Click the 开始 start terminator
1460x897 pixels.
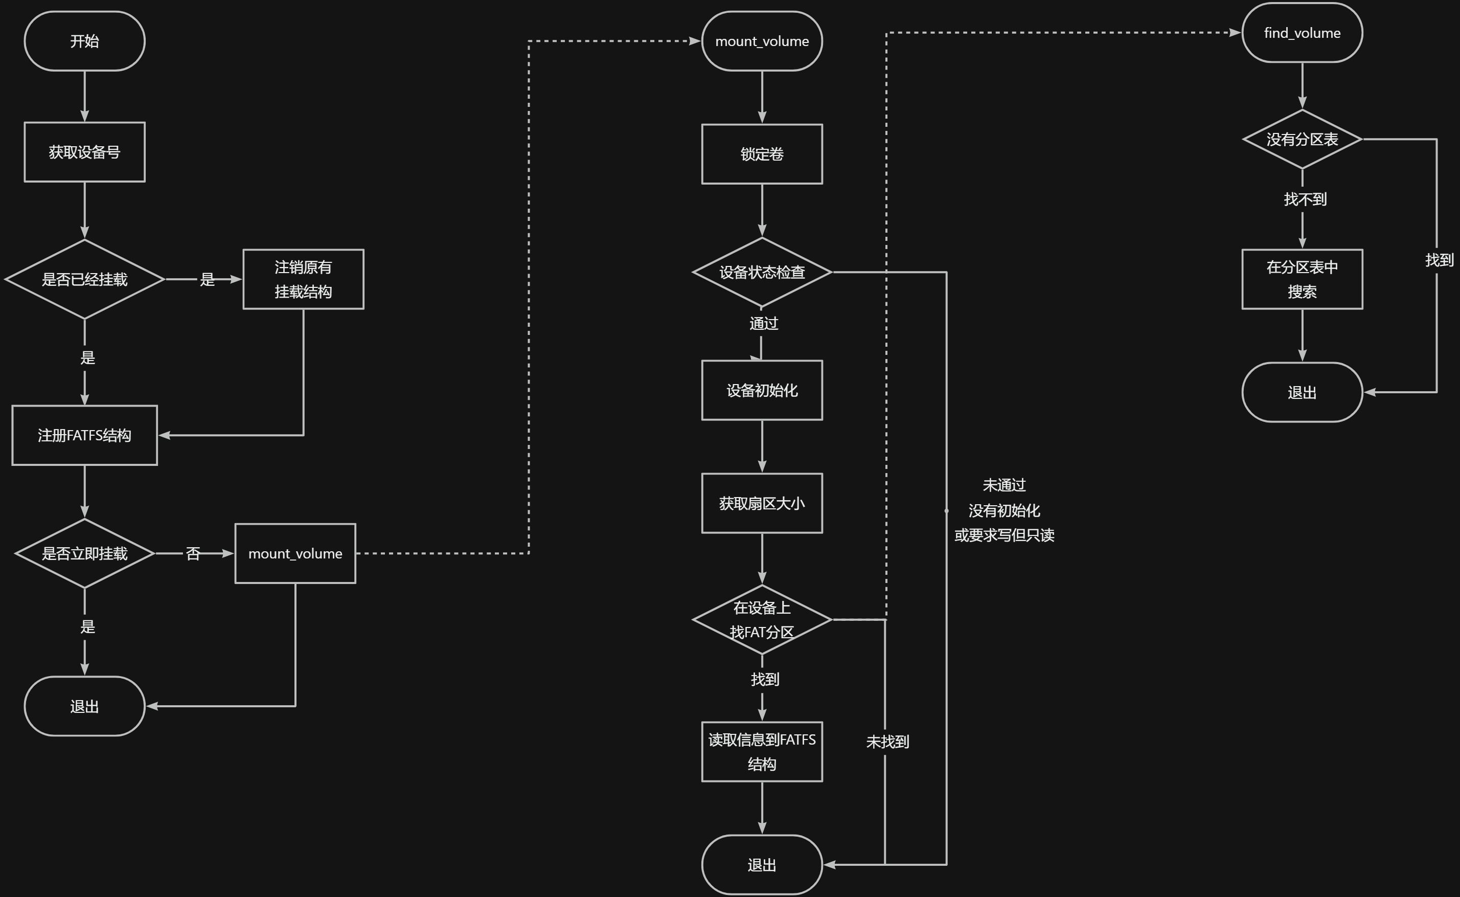84,41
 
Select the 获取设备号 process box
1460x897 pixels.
84,152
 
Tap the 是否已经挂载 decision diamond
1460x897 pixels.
84,279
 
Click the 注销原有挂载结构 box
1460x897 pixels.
303,279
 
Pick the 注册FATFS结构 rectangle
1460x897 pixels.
84,435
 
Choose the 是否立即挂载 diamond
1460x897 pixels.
84,553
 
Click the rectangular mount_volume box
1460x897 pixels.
295,553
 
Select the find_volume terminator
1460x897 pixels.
1302,33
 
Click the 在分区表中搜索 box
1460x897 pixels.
1302,279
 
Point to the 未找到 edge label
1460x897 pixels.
887,742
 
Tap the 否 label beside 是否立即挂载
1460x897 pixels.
193,553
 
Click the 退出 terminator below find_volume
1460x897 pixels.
1302,392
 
